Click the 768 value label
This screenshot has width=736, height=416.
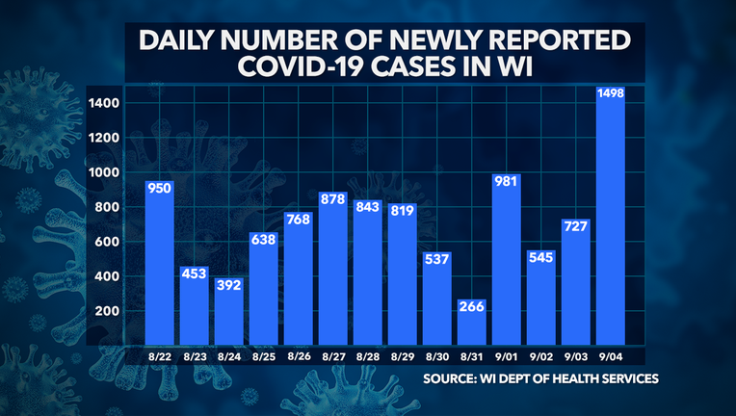tap(298, 221)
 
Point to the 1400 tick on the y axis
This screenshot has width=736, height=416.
tap(103, 103)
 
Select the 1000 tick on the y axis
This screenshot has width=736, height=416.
tap(103, 172)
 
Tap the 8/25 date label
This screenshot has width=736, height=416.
tap(263, 356)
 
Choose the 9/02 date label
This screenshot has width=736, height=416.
tap(540, 356)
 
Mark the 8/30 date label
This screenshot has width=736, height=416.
tap(437, 356)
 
